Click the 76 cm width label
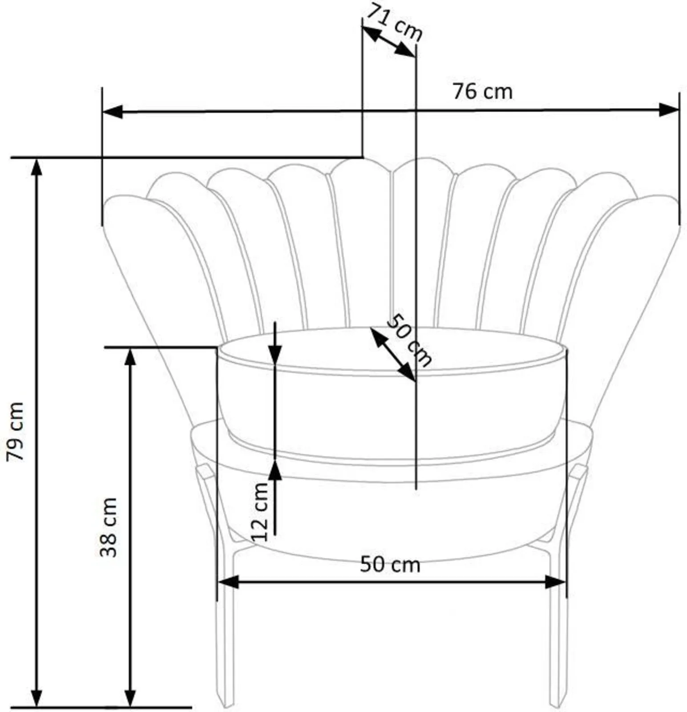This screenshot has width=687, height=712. tap(482, 92)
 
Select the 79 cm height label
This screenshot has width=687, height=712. tap(16, 432)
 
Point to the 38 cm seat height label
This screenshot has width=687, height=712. tap(108, 527)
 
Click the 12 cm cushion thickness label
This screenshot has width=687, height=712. tap(260, 512)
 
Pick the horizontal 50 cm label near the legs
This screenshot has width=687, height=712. tap(390, 565)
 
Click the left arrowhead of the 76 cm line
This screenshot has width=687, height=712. tap(113, 112)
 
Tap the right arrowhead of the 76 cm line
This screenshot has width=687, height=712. tap(669, 109)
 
